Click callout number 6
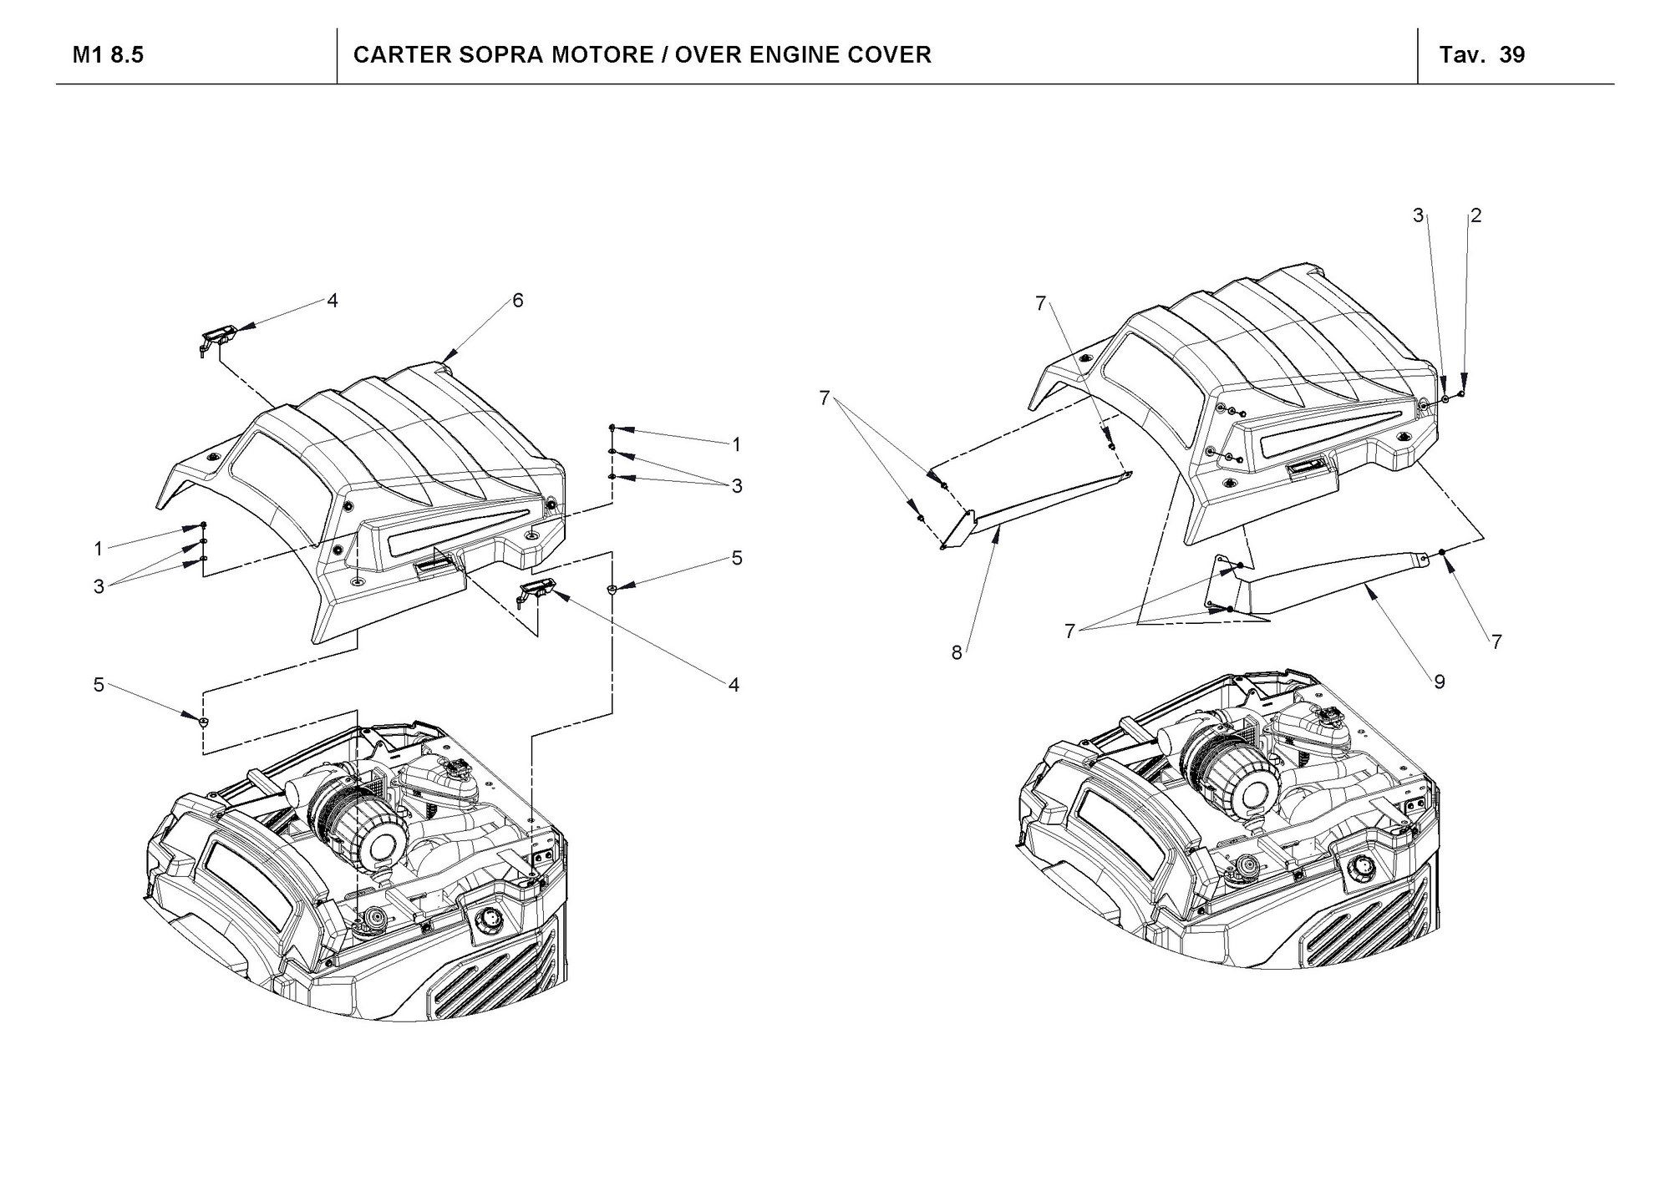pyautogui.click(x=518, y=301)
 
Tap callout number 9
pyautogui.click(x=1440, y=682)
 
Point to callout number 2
pyautogui.click(x=1476, y=215)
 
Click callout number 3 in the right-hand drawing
pyautogui.click(x=1418, y=215)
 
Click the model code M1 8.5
pyautogui.click(x=109, y=55)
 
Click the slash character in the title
pyautogui.click(x=664, y=55)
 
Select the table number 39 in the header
pyautogui.click(x=1512, y=55)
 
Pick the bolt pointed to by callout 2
pyautogui.click(x=1461, y=393)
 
